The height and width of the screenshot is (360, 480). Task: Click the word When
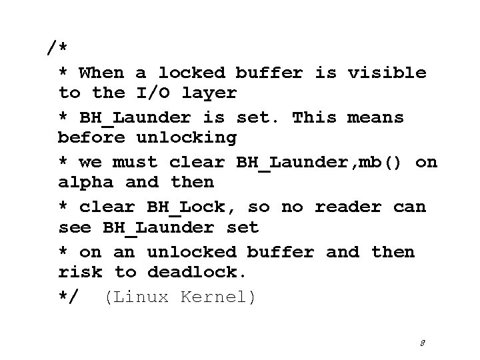(101, 72)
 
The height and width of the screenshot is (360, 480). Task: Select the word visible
(387, 72)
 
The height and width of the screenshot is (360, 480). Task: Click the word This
(315, 117)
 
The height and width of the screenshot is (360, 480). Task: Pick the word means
(375, 117)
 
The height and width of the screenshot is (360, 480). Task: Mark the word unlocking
(186, 138)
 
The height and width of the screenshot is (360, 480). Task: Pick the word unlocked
(191, 252)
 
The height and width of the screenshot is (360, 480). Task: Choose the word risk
(80, 272)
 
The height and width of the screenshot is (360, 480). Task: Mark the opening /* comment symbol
(57, 49)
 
